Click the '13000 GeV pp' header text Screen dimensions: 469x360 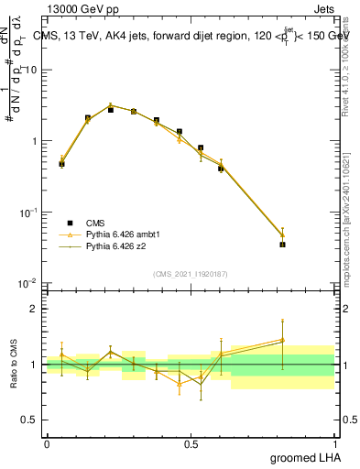(82, 8)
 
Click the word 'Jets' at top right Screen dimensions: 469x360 (322, 8)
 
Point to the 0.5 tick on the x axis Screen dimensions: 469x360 (191, 443)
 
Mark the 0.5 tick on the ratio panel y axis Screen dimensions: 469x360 (33, 420)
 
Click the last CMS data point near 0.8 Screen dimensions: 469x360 (282, 245)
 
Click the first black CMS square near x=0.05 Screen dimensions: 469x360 (61, 164)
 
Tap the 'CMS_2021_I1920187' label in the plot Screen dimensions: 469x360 (191, 274)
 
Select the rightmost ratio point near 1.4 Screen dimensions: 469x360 (282, 340)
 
